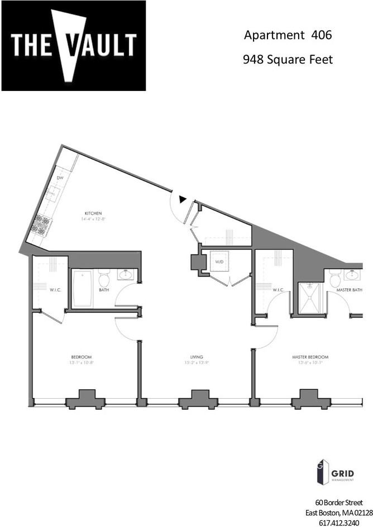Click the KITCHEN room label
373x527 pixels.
coord(93,214)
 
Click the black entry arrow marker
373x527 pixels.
coord(182,199)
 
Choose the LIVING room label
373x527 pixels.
coord(196,357)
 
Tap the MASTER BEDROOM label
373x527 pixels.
coord(310,357)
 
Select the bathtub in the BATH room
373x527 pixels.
coord(83,288)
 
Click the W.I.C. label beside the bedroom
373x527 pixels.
coord(55,290)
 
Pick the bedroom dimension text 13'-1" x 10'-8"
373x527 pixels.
coord(82,363)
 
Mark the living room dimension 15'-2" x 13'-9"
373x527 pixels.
coord(196,363)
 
